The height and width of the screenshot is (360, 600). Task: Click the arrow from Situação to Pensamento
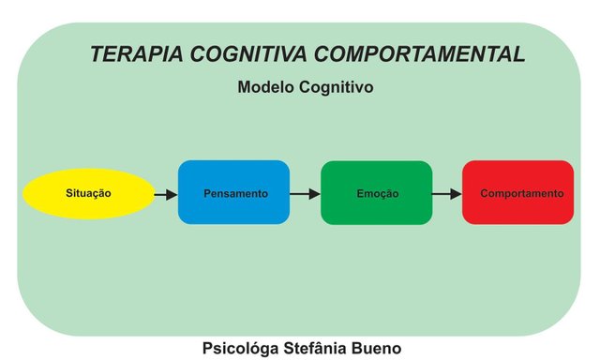pos(166,194)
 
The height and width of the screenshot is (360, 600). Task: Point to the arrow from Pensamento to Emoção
pos(306,194)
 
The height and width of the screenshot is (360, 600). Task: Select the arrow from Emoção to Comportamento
pos(447,194)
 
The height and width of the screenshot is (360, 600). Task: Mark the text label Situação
pos(89,193)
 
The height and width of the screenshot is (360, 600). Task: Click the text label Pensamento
pos(234,194)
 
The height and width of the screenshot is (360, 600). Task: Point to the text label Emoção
pos(377,194)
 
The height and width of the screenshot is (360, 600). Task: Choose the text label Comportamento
pos(522,194)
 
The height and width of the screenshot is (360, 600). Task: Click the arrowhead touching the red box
pos(456,194)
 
